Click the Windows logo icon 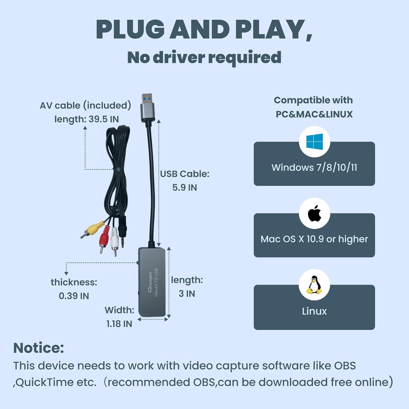(314, 142)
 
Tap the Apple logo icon (314, 213)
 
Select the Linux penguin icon (314, 285)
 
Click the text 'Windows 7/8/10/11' (314, 167)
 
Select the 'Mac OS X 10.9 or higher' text (314, 239)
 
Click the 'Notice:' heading (38, 348)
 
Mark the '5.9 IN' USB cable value (185, 188)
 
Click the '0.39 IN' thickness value (74, 296)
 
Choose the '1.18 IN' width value (119, 324)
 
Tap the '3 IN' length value (187, 294)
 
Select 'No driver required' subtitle (204, 57)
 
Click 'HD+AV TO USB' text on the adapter (156, 282)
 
